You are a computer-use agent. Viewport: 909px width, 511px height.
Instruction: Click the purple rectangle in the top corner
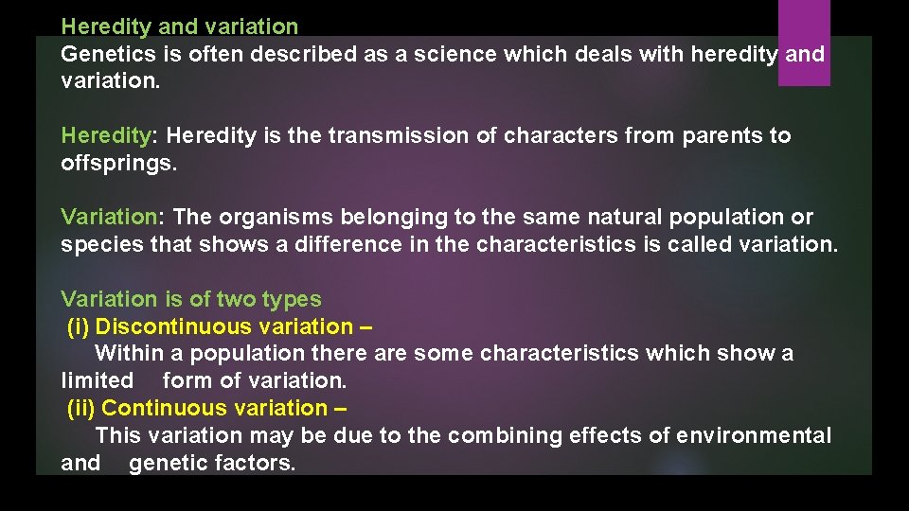(804, 42)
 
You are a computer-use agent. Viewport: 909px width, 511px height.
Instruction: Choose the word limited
(97, 380)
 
